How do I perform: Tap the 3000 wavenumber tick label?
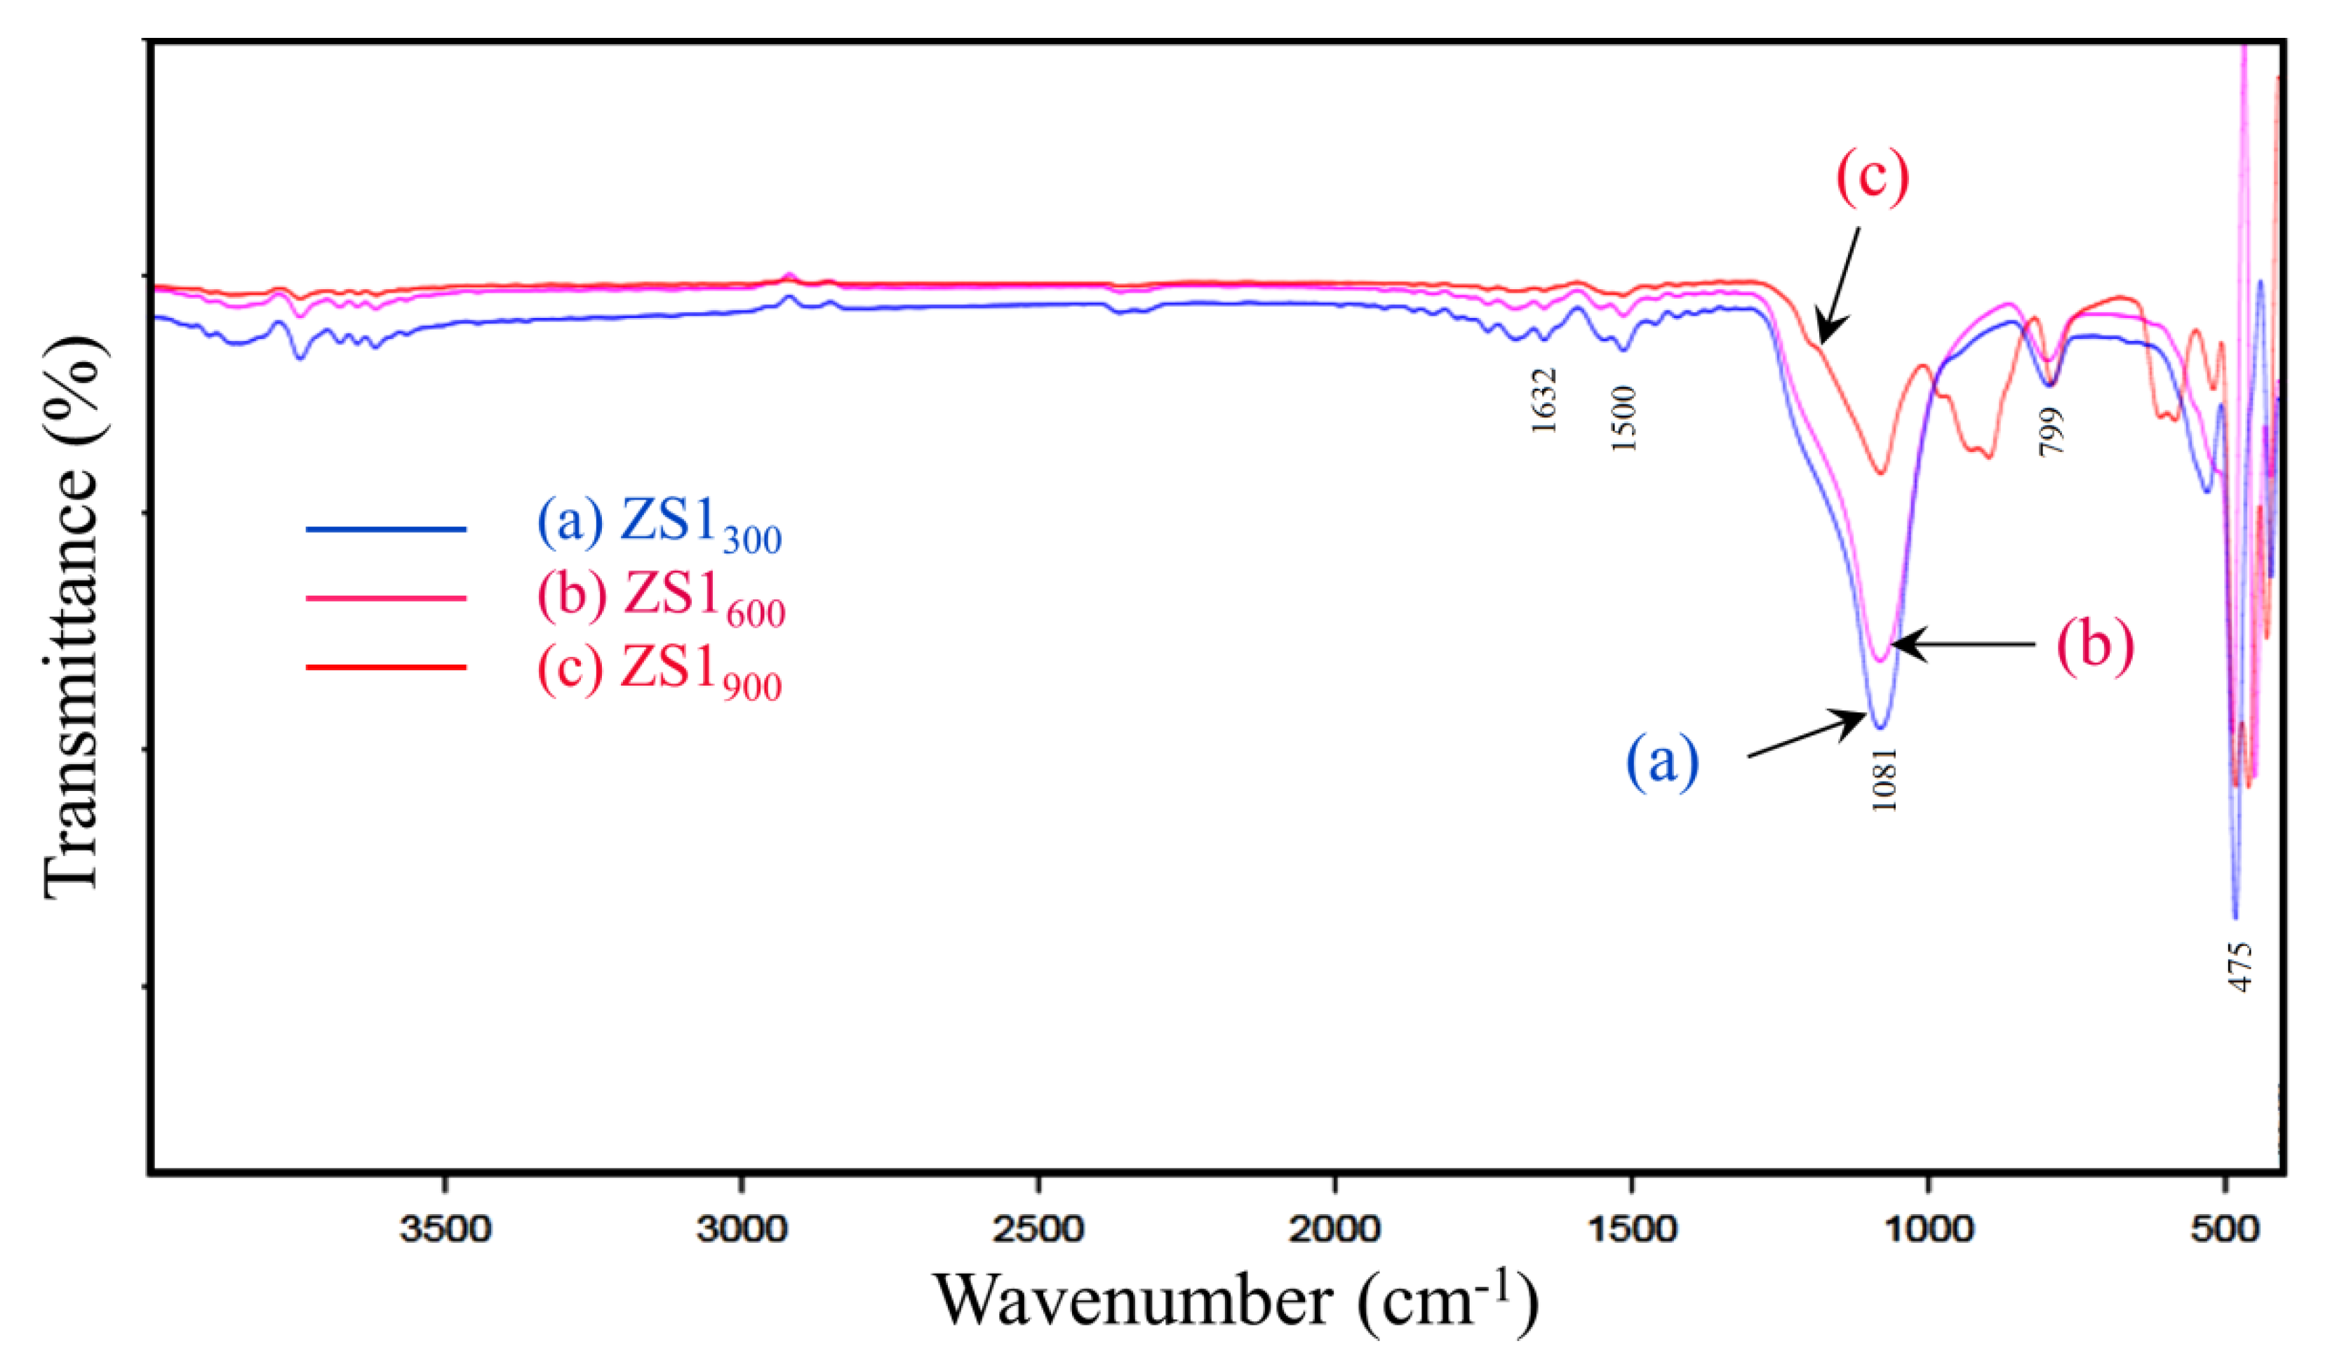click(742, 1231)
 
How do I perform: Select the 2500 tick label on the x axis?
click(1038, 1231)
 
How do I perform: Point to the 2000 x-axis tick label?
click(1335, 1231)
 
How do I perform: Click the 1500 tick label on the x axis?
click(1631, 1231)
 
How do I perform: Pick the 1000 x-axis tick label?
click(1928, 1231)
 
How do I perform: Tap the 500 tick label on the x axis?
click(2225, 1231)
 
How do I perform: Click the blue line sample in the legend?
click(386, 529)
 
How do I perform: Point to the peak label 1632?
click(1544, 401)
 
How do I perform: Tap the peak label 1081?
click(1883, 780)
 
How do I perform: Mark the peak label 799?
click(2051, 431)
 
